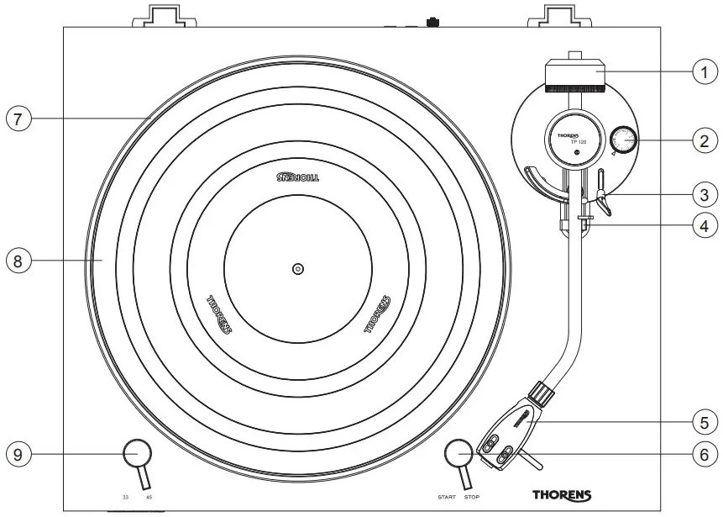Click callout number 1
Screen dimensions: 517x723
pos(704,71)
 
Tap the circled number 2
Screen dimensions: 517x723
pos(704,140)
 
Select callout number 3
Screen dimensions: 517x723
pos(704,194)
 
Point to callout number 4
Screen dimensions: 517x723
pos(704,225)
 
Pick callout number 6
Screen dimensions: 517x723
pos(704,453)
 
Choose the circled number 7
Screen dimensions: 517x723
pos(18,119)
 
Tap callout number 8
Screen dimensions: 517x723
pos(18,260)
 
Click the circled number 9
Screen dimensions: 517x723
pos(18,454)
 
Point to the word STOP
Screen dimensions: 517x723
pos(472,498)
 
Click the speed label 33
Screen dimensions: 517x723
pos(125,498)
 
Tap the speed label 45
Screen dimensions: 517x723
pos(149,498)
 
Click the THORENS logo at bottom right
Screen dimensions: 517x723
pos(561,495)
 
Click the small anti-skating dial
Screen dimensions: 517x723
pos(623,140)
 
